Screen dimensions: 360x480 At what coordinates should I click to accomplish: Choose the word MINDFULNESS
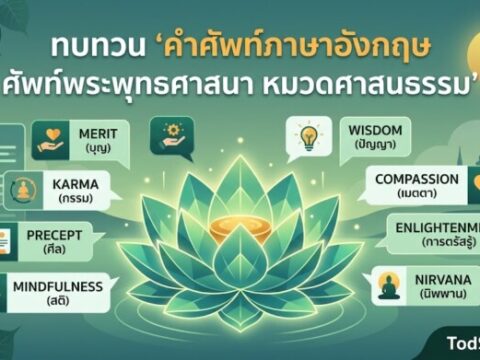(57, 287)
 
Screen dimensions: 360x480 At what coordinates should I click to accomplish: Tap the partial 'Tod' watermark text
(461, 344)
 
